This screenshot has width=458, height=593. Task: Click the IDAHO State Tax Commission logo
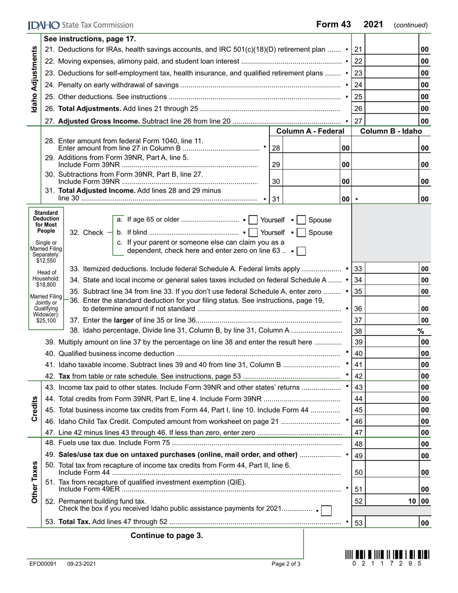coord(81,25)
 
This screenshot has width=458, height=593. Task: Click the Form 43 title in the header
coord(333,25)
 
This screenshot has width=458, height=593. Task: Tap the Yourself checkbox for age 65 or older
coord(253,220)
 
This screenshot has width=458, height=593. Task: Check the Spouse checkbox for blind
coord(301,233)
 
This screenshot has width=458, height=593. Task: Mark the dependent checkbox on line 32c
coord(301,251)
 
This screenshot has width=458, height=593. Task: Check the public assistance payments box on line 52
coord(326,510)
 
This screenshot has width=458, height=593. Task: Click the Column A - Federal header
coord(310,131)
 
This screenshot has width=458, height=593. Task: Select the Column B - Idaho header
coord(391,131)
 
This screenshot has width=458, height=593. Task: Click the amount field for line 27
coord(392,121)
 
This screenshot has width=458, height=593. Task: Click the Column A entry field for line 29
coord(311,164)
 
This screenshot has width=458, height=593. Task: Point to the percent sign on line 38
coord(420,331)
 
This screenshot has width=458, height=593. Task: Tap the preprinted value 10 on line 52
coord(412,501)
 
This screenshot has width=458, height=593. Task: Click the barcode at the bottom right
coord(387,555)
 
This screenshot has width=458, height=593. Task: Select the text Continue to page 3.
coord(167,535)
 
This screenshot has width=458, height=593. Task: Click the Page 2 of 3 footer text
coord(286,564)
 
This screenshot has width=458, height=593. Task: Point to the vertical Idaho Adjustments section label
coord(34,80)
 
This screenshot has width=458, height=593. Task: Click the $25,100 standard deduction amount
coord(46,320)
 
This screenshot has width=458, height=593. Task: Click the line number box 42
coord(358,376)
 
